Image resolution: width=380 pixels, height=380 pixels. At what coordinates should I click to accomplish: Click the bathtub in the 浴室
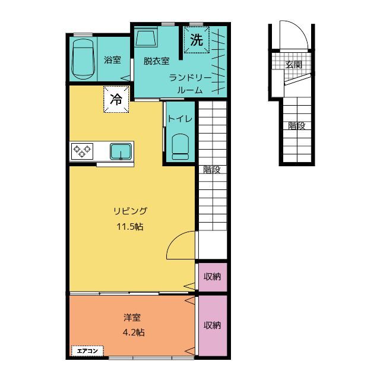(83, 59)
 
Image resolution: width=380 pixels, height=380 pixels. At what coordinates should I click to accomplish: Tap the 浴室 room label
(112, 60)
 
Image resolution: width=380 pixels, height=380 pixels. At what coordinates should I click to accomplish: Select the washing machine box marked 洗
(197, 40)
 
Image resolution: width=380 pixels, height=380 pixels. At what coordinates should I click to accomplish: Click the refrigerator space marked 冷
(116, 99)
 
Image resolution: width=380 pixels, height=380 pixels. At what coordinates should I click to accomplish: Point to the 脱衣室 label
(157, 61)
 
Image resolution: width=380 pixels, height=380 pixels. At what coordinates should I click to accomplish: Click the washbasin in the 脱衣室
(146, 37)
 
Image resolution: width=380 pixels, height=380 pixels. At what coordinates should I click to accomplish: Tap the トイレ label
(180, 119)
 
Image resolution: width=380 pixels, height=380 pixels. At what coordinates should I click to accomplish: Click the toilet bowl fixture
(180, 147)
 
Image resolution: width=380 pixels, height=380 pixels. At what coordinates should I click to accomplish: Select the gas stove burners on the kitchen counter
(82, 151)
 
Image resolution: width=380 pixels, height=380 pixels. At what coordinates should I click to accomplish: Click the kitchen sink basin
(121, 151)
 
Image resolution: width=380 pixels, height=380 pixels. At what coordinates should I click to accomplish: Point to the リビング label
(130, 211)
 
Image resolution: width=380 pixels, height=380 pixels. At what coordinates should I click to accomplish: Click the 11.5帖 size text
(130, 227)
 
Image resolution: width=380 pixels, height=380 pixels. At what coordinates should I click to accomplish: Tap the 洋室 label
(132, 318)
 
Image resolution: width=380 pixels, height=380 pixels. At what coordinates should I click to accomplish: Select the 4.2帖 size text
(134, 332)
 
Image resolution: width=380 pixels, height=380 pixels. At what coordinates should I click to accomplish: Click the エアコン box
(87, 351)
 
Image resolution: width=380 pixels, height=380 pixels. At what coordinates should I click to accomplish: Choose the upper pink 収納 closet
(213, 277)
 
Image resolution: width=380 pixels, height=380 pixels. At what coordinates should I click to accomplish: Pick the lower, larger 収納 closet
(213, 325)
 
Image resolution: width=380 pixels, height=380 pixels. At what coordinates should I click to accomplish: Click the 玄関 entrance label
(293, 65)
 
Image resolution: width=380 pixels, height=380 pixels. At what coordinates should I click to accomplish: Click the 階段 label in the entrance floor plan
(297, 126)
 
